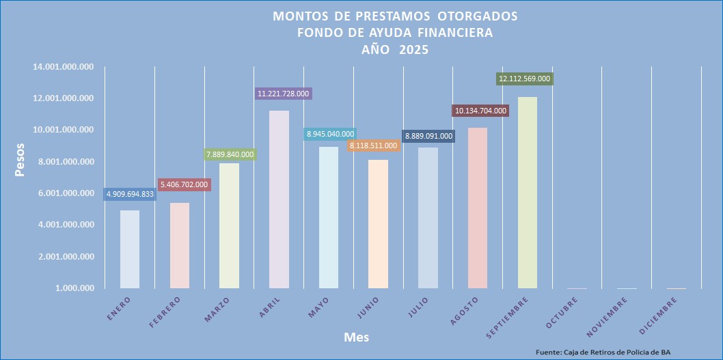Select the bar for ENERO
pyautogui.click(x=130, y=249)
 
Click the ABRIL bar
pyautogui.click(x=279, y=199)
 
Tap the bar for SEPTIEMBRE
pyautogui.click(x=527, y=193)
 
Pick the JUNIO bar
pyautogui.click(x=378, y=224)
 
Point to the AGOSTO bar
pyautogui.click(x=477, y=208)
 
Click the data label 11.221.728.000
pyautogui.click(x=284, y=94)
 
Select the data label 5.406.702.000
pyautogui.click(x=185, y=184)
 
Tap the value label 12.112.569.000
pyautogui.click(x=524, y=79)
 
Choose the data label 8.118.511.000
pyautogui.click(x=373, y=146)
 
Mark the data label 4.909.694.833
pyautogui.click(x=130, y=195)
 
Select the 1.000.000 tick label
pyautogui.click(x=75, y=288)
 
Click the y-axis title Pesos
pyautogui.click(x=21, y=159)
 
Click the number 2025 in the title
pyautogui.click(x=414, y=49)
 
